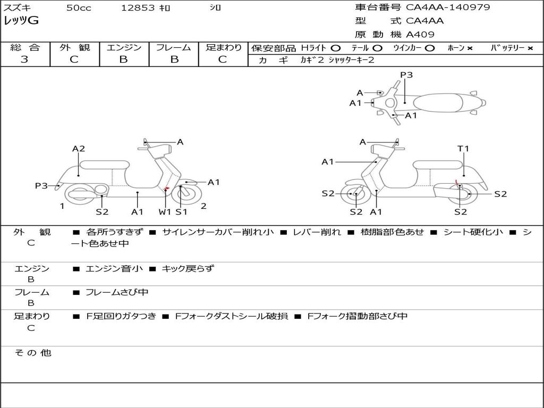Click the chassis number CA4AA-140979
point(448,7)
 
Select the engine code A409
point(420,35)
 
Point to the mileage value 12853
point(138,8)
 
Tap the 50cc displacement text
point(79,8)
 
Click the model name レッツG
point(21,21)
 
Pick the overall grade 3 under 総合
point(24,59)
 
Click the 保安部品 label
point(274,48)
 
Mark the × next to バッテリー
point(530,48)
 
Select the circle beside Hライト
point(335,48)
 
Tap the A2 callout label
point(79,149)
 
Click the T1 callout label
point(463,149)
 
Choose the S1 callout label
point(182,212)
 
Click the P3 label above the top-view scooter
point(406,75)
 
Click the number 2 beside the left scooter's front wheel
point(203,206)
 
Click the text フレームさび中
point(117,292)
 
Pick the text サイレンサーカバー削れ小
point(218,232)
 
